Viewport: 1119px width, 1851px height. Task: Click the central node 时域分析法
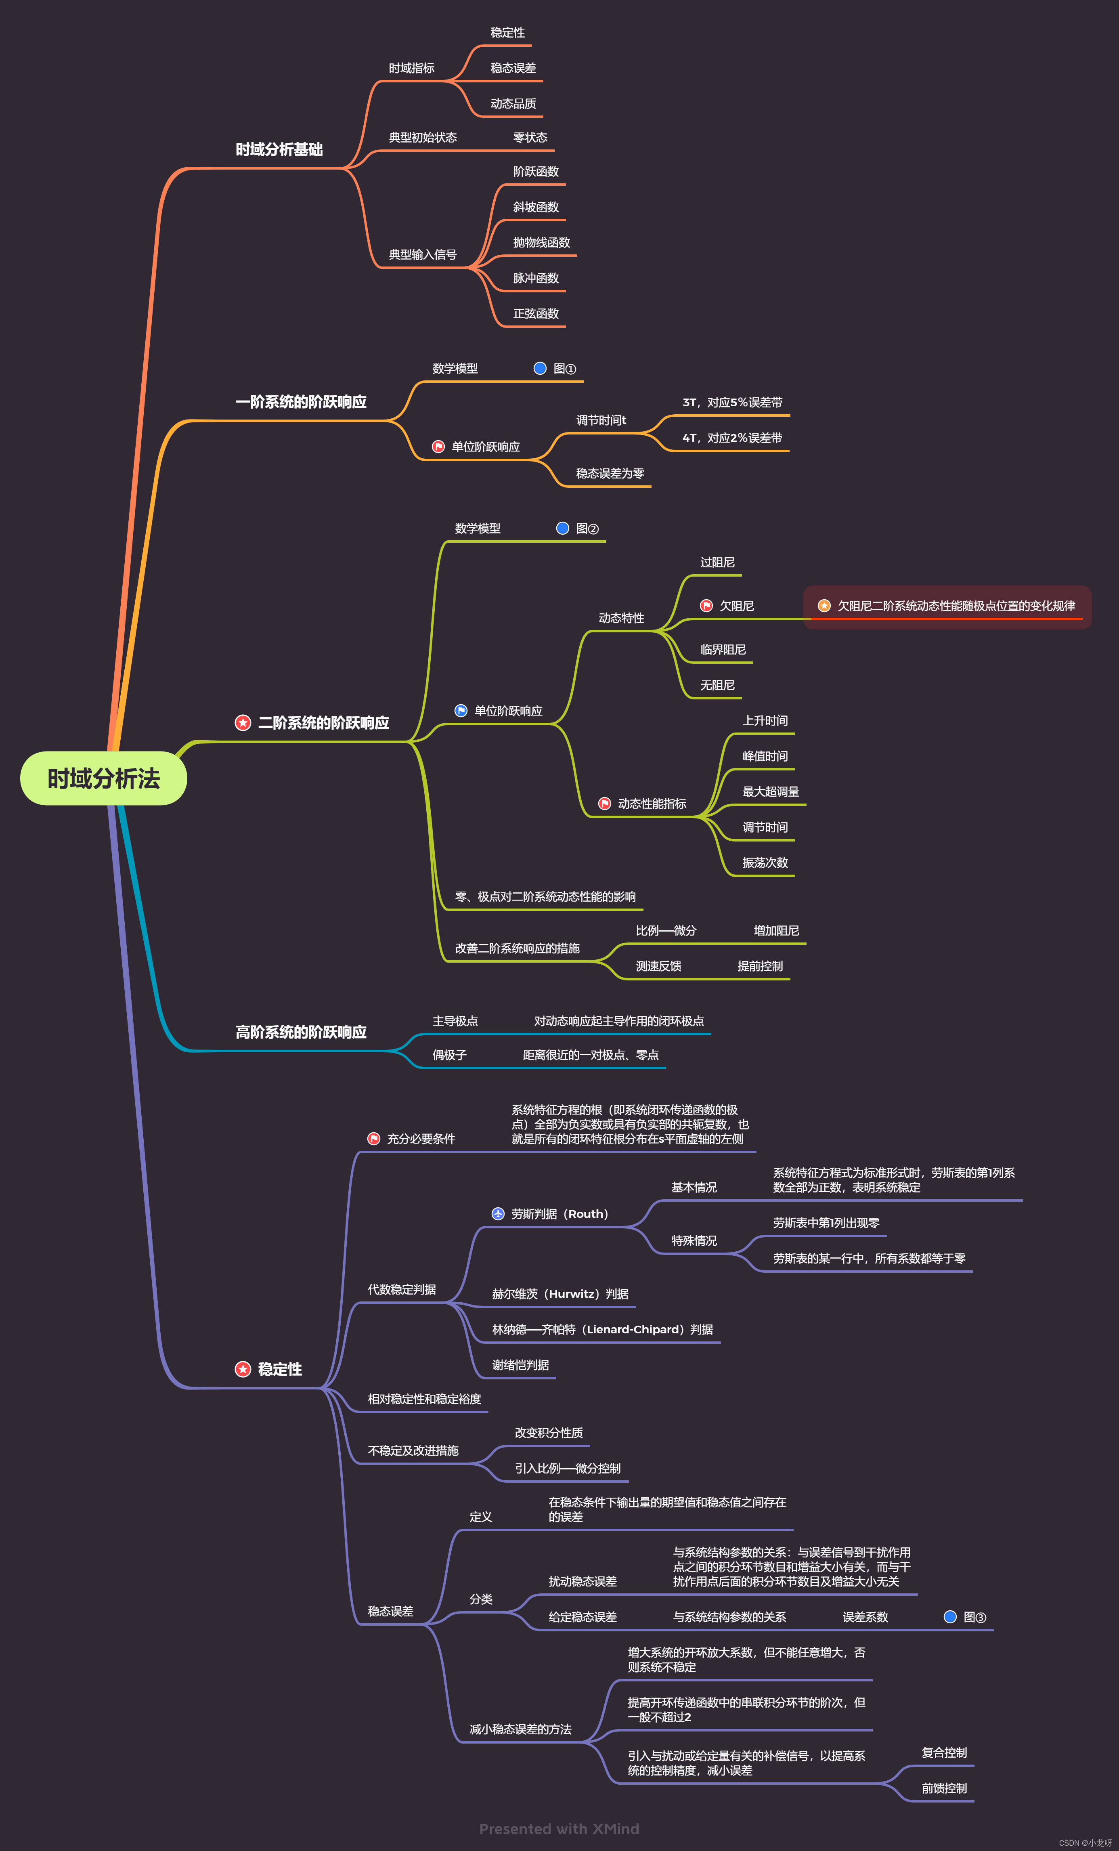pyautogui.click(x=104, y=778)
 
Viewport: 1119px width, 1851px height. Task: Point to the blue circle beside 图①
pyautogui.click(x=539, y=368)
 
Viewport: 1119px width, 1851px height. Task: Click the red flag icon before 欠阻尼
pyautogui.click(x=706, y=605)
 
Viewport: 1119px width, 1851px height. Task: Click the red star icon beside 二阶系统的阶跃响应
pyautogui.click(x=243, y=723)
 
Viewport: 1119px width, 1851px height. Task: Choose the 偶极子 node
pyautogui.click(x=449, y=1055)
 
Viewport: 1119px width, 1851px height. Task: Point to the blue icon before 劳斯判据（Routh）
pyautogui.click(x=498, y=1214)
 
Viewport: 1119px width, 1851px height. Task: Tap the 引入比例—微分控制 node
pyautogui.click(x=567, y=1468)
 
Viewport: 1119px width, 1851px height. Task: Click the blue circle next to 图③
pyautogui.click(x=950, y=1617)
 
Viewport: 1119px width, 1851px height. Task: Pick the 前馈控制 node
pyautogui.click(x=944, y=1788)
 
